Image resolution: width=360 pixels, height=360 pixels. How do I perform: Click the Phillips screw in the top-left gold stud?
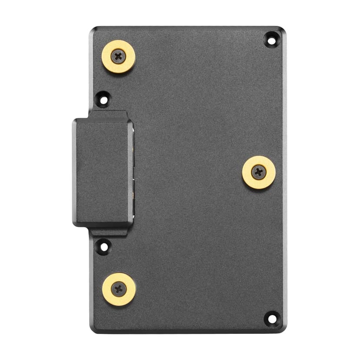118,56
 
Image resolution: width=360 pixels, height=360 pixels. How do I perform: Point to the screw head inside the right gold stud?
259,172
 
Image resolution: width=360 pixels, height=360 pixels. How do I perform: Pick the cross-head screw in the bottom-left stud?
119,289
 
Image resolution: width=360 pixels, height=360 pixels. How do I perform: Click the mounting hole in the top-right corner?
271,40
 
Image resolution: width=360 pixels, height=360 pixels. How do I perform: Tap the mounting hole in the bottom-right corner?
272,319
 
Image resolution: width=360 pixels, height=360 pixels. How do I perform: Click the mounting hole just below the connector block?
103,247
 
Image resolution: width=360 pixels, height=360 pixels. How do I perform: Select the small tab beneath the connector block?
109,231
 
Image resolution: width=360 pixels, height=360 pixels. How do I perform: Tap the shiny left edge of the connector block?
74,172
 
